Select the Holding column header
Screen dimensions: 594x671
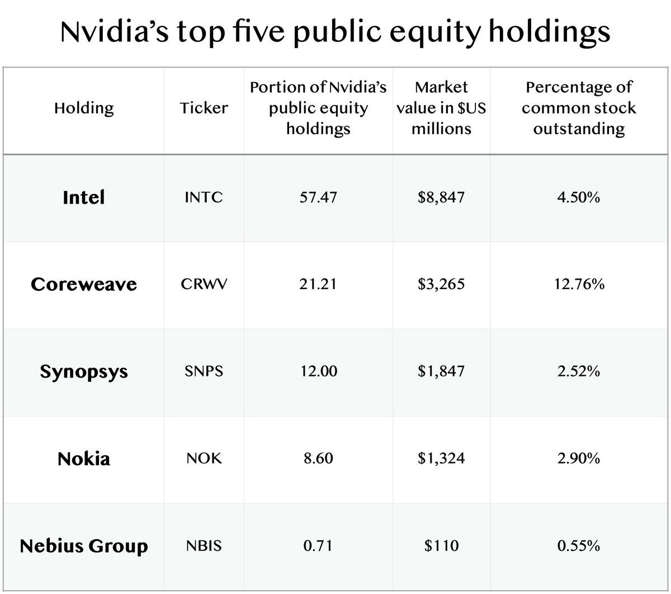coord(84,108)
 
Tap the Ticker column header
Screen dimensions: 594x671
coord(204,108)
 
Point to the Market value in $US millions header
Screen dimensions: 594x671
coord(441,108)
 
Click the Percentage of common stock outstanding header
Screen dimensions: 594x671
coord(579,108)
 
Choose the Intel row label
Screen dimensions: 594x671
coord(84,197)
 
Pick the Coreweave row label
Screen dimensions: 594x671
coord(84,284)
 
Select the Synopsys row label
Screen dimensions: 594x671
coord(84,371)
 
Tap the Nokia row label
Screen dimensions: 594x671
coord(84,459)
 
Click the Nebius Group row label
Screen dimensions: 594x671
coord(84,545)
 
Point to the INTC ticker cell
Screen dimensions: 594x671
coord(204,198)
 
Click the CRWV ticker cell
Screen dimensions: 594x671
coord(204,285)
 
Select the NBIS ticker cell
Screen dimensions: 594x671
coord(204,546)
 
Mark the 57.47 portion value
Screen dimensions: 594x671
coord(318,198)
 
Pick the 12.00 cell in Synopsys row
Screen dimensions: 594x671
coord(318,372)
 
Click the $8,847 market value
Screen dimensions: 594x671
coord(441,198)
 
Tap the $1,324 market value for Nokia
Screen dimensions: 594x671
coord(441,459)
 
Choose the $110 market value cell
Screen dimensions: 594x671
coord(441,546)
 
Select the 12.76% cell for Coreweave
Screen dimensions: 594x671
coord(579,285)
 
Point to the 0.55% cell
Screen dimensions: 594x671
coord(579,546)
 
